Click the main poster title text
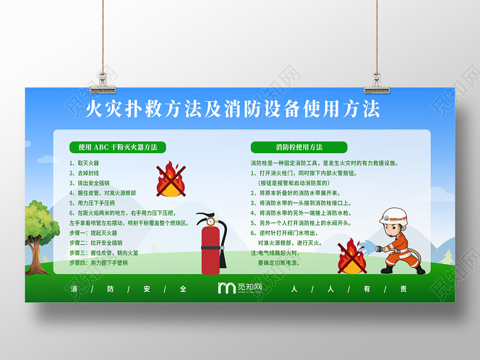(x=232, y=109)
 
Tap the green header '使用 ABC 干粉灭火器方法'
(x=117, y=147)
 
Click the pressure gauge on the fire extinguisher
(x=210, y=221)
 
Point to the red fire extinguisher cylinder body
(x=210, y=251)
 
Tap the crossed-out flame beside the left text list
(x=171, y=179)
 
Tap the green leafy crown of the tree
(x=40, y=220)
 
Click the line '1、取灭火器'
(x=85, y=163)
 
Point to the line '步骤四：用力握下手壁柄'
(x=99, y=263)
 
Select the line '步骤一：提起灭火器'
(x=93, y=233)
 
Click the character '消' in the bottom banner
(x=74, y=289)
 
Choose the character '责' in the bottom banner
(x=404, y=289)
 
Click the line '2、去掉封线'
(x=85, y=173)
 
